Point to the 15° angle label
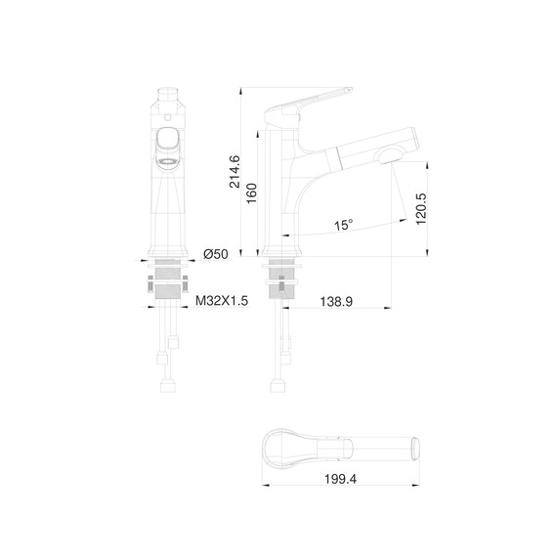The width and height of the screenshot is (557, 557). tap(343, 226)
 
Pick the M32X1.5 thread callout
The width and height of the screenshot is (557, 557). tap(222, 302)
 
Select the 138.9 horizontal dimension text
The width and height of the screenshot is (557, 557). tap(336, 302)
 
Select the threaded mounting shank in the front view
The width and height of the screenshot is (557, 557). tap(168, 288)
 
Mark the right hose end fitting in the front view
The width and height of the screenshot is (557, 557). tap(177, 343)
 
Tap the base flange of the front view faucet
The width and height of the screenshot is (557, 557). tap(168, 260)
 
